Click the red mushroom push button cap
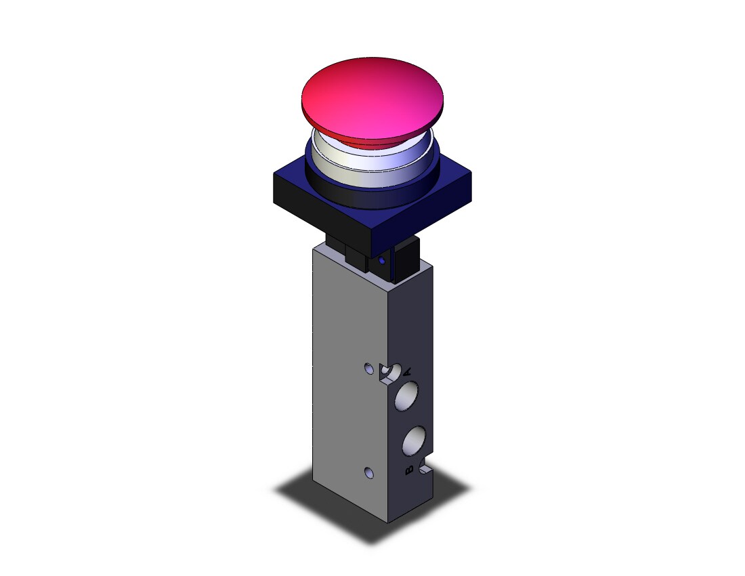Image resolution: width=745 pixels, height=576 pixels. click(372, 99)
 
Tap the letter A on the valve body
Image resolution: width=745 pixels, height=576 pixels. click(407, 371)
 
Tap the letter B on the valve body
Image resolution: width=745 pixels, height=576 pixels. click(408, 470)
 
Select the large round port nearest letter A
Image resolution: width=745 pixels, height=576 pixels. click(407, 395)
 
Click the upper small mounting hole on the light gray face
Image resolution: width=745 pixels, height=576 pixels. click(369, 368)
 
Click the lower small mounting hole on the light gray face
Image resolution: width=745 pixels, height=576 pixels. click(368, 472)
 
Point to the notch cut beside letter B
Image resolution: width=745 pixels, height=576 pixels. click(426, 468)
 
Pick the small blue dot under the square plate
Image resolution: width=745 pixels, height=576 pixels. click(381, 260)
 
